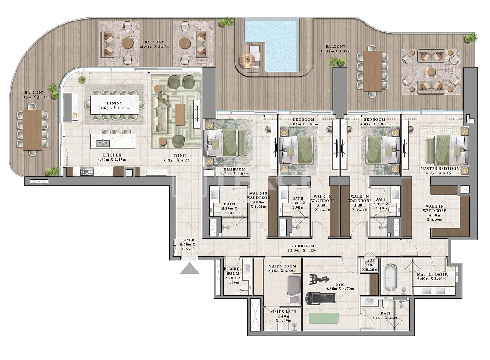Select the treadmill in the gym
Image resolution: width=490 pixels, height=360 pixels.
(320, 299)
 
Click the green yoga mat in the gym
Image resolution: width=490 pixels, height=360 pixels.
(323, 318)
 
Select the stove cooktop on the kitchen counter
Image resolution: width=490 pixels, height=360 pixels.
(87, 172)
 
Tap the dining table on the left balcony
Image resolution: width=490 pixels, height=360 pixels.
(32, 130)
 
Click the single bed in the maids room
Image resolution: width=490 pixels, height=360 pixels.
(294, 290)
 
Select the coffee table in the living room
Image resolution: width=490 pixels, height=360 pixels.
(180, 115)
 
